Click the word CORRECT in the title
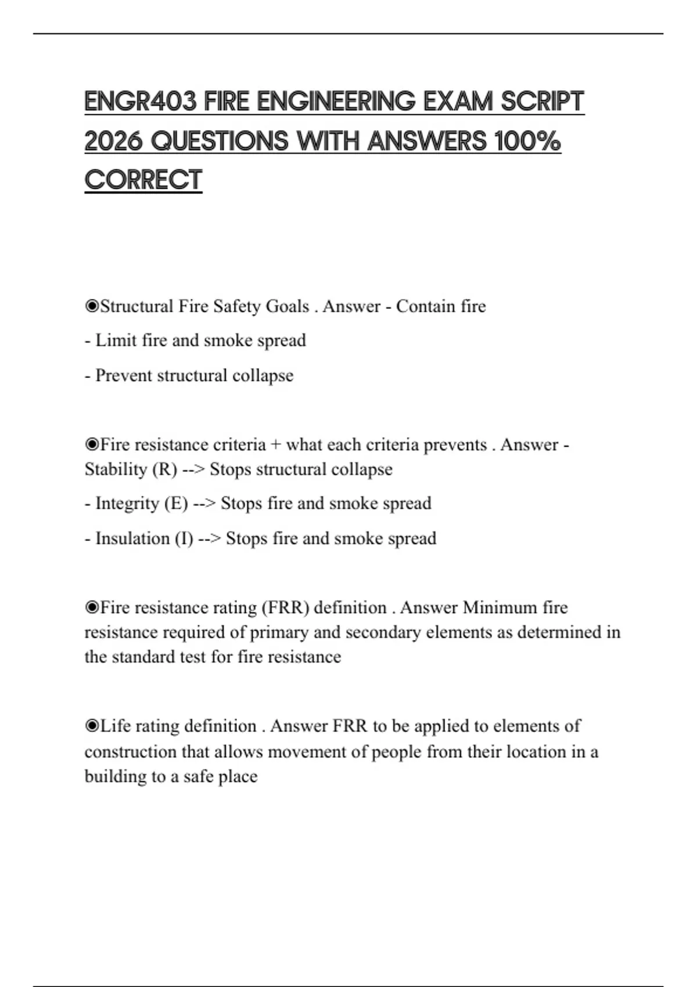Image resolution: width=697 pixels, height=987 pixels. coord(143,180)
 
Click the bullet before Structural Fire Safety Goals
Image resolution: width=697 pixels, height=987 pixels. coord(92,306)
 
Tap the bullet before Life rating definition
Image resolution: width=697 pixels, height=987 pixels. coord(92,726)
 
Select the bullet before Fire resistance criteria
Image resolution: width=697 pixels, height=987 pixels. coord(92,445)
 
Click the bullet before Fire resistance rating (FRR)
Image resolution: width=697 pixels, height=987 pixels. coord(92,607)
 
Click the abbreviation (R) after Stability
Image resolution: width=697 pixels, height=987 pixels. coord(164,469)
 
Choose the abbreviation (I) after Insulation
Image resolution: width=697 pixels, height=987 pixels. coord(184,539)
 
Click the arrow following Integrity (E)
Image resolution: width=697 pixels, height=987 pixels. coord(204,503)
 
